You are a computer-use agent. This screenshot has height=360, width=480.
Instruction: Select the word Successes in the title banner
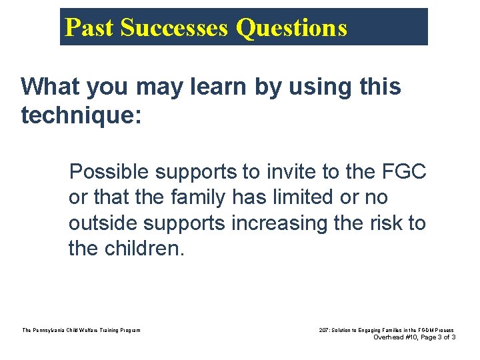point(175,28)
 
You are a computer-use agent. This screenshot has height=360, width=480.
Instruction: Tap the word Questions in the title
point(292,28)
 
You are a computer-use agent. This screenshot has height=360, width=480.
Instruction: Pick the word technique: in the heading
point(81,115)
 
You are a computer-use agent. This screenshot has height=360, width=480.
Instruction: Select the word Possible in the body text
point(109,172)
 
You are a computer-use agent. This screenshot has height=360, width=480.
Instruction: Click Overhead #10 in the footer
point(396,337)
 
